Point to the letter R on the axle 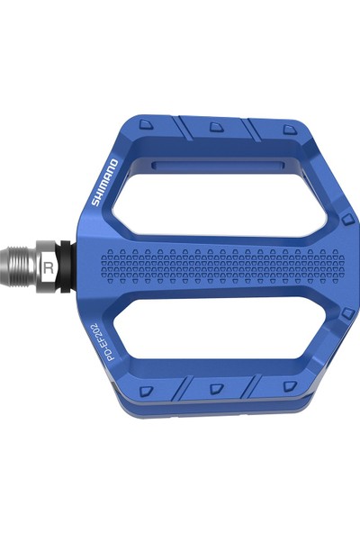pyautogui.click(x=49, y=267)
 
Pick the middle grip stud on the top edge pyautogui.click(x=216, y=127)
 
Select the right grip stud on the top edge pyautogui.click(x=288, y=130)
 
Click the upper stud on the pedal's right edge pyautogui.click(x=346, y=219)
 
